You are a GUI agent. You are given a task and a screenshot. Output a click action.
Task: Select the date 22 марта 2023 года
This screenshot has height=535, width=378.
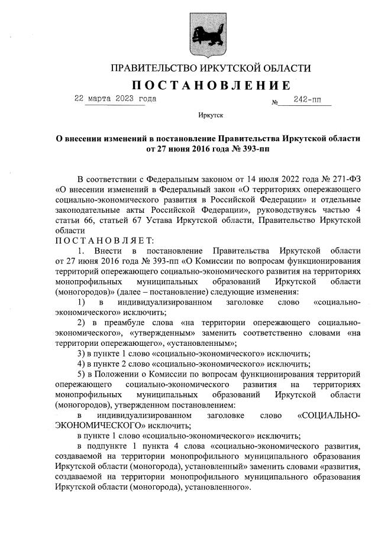point(115,99)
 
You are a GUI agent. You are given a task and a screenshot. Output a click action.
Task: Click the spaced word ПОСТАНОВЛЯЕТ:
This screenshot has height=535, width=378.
point(104,241)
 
